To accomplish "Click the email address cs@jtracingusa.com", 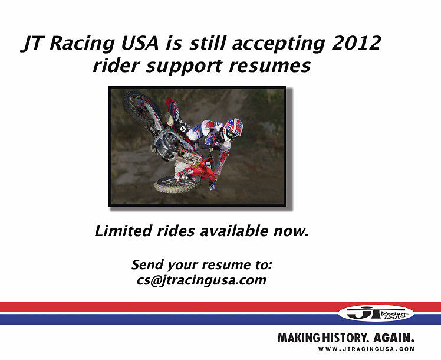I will tap(201, 280).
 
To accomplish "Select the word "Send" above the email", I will tap(148, 264).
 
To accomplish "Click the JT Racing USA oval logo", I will tap(376, 313).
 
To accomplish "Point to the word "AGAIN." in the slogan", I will tap(394, 339).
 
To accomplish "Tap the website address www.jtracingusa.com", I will tap(366, 349).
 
